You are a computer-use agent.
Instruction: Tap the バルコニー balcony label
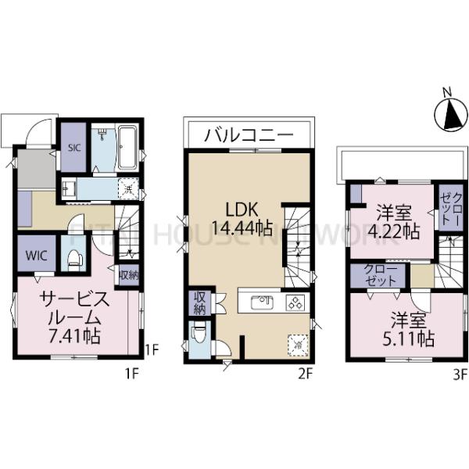249,135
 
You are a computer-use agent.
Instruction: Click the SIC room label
74,148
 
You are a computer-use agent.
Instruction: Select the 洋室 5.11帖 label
413,329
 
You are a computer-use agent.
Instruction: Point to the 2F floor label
304,374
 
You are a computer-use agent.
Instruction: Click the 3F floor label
459,374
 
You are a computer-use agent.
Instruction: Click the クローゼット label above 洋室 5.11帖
378,276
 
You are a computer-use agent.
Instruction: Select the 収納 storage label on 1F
128,274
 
